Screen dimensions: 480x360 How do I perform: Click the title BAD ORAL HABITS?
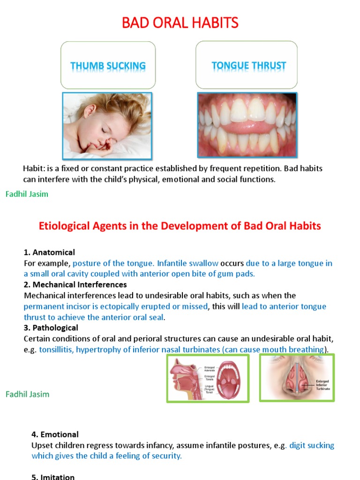[180, 22]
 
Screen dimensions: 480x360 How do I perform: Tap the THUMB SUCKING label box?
[108, 66]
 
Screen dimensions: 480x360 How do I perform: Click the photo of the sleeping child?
[107, 125]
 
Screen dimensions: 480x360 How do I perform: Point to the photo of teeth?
[247, 125]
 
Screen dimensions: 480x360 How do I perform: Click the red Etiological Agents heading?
[180, 226]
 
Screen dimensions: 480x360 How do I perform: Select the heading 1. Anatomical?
[49, 253]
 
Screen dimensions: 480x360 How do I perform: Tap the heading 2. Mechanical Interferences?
[75, 285]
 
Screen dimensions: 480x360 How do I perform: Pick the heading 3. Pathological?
[51, 328]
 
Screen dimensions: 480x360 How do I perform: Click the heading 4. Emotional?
[55, 435]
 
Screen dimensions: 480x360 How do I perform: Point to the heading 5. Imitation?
[53, 477]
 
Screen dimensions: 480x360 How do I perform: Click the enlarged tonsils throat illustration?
[208, 378]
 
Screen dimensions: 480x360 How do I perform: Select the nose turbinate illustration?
[296, 377]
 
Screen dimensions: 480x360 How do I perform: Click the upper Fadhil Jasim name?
[27, 194]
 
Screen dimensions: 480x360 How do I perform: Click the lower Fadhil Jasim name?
[27, 394]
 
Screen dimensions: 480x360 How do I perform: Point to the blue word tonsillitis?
[54, 349]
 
